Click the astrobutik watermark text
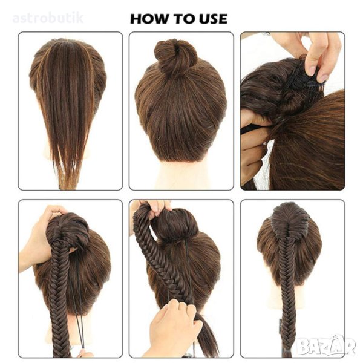48,18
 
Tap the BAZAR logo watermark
326,346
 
